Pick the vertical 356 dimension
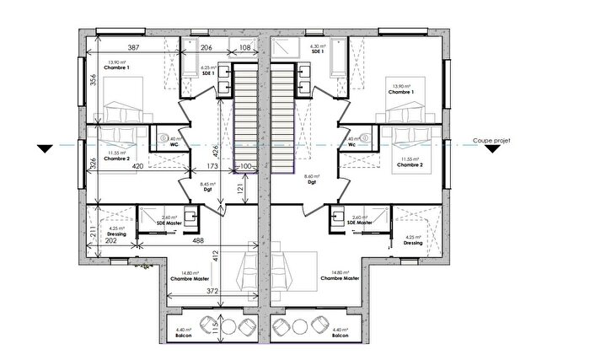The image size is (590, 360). [x=94, y=82]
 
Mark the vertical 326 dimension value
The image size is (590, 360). [x=94, y=164]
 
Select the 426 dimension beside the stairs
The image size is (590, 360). [x=216, y=153]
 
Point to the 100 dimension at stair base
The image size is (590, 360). [x=245, y=167]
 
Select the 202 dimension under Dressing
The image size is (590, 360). [x=110, y=240]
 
